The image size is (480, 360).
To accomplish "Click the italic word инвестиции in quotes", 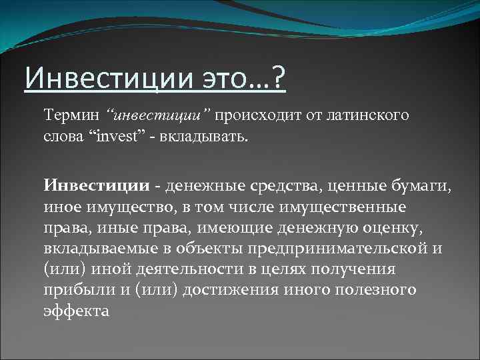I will click(162, 117).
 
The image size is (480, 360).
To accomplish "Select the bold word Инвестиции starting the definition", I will click(97, 185).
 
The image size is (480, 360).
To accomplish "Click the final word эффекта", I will click(75, 311).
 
